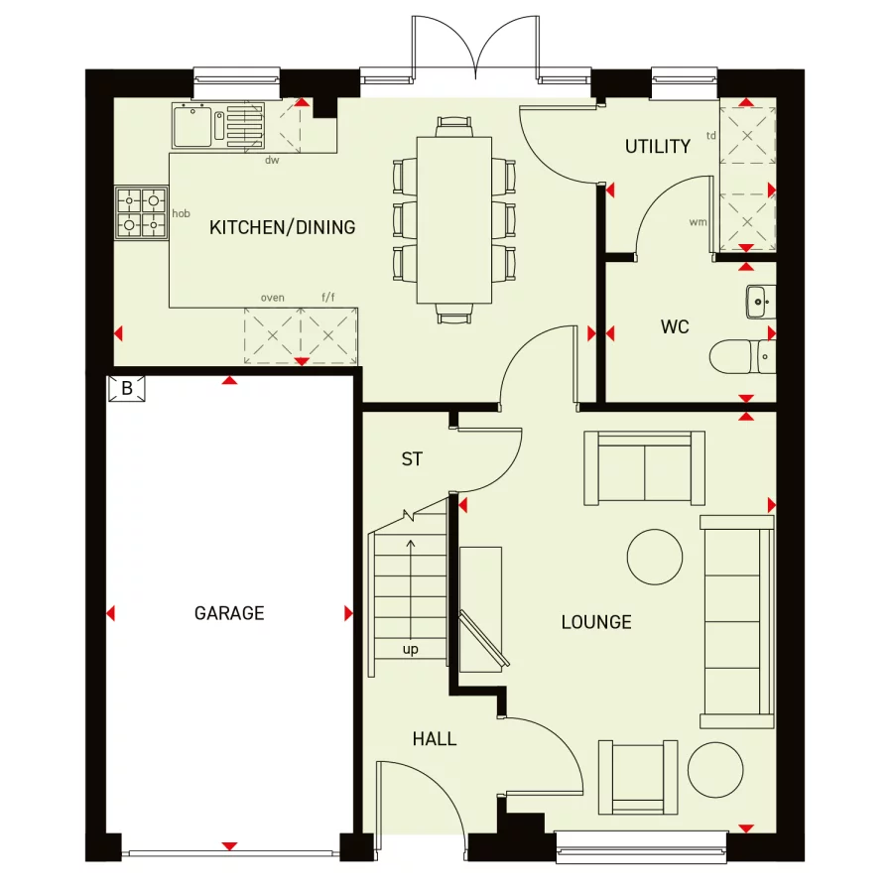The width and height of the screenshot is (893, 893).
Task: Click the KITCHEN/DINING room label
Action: click(x=282, y=227)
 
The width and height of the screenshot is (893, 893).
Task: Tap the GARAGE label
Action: click(x=229, y=613)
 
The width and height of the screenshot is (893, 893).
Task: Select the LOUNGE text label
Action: click(x=596, y=622)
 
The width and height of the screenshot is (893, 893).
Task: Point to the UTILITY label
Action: click(x=657, y=147)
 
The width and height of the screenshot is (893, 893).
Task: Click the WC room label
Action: click(x=675, y=326)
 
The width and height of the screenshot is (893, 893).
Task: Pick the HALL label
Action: click(x=435, y=739)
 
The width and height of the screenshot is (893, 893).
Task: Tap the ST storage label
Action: click(x=412, y=459)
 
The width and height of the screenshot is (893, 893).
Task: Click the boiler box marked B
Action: click(x=127, y=388)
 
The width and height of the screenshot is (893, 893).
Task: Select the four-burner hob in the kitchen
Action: click(x=141, y=212)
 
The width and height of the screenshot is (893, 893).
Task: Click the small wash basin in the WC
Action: click(x=759, y=301)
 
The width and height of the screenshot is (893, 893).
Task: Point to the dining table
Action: click(x=453, y=219)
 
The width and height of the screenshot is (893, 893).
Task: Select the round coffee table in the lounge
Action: click(x=654, y=556)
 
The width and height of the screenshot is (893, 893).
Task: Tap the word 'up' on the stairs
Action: click(x=410, y=650)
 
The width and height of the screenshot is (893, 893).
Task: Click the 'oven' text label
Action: click(x=272, y=297)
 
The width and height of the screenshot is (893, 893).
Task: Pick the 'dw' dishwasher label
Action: click(x=271, y=160)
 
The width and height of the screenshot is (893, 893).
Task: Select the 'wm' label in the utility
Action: click(x=698, y=221)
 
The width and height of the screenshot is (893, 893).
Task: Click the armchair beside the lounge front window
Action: click(x=638, y=776)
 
